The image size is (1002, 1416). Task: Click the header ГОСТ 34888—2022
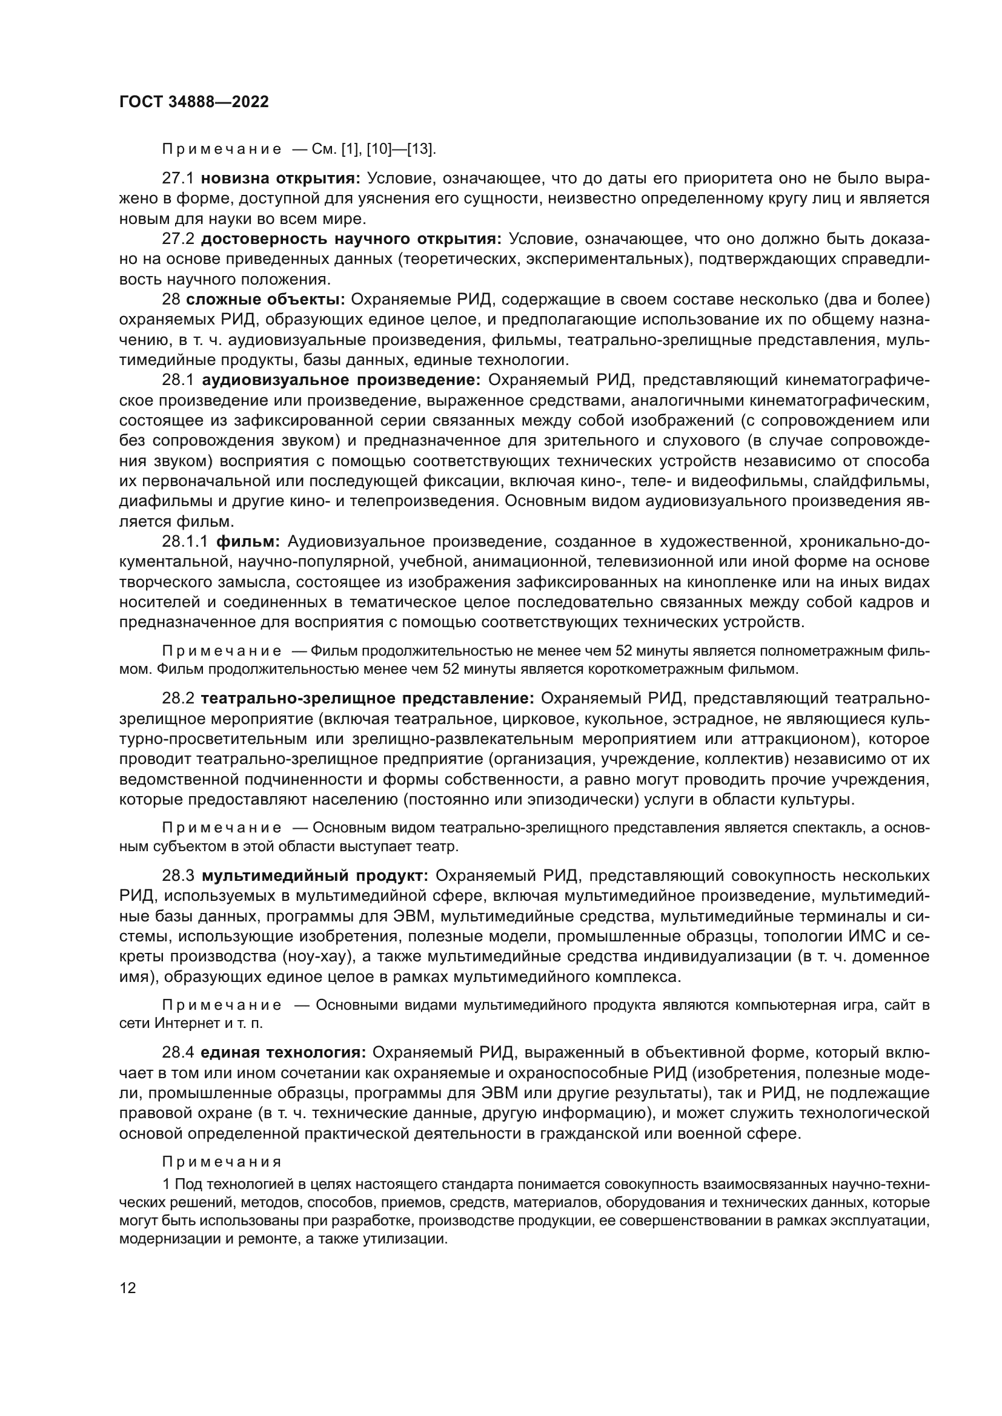click(x=194, y=102)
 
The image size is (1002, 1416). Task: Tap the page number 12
click(x=128, y=1288)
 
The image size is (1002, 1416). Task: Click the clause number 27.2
click(x=178, y=239)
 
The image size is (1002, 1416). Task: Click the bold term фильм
click(x=248, y=541)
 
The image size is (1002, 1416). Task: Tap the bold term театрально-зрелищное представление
click(x=367, y=699)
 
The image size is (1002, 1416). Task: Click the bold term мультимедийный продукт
click(x=314, y=876)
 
